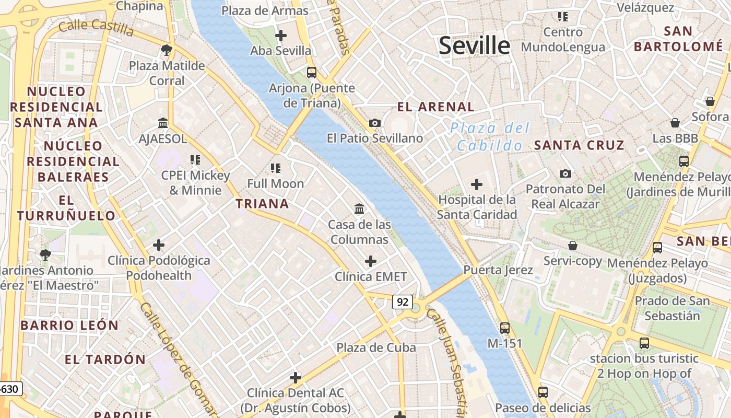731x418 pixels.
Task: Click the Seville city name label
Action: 474,46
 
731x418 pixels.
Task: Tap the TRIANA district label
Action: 262,204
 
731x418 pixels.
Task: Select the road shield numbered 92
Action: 402,302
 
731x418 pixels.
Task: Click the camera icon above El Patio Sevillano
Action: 375,123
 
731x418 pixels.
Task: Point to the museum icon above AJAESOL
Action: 163,123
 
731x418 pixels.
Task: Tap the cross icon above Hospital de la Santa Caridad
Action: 476,184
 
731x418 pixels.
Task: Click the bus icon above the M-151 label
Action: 504,328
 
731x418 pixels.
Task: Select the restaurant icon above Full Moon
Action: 276,168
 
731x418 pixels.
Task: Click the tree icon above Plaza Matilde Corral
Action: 167,50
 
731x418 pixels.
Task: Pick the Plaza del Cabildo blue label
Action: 490,137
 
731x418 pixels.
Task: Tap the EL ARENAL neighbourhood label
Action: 436,107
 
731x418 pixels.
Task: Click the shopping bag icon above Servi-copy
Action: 573,245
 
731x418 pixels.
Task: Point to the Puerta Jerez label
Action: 498,270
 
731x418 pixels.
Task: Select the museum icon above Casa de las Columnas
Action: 359,209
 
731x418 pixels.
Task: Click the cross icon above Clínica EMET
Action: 371,261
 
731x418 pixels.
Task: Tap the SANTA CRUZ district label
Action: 579,145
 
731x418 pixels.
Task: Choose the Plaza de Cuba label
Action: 376,347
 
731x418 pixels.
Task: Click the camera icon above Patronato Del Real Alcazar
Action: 565,173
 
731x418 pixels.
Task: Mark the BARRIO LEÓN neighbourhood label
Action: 69,325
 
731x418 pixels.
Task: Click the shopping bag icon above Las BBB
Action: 675,123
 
